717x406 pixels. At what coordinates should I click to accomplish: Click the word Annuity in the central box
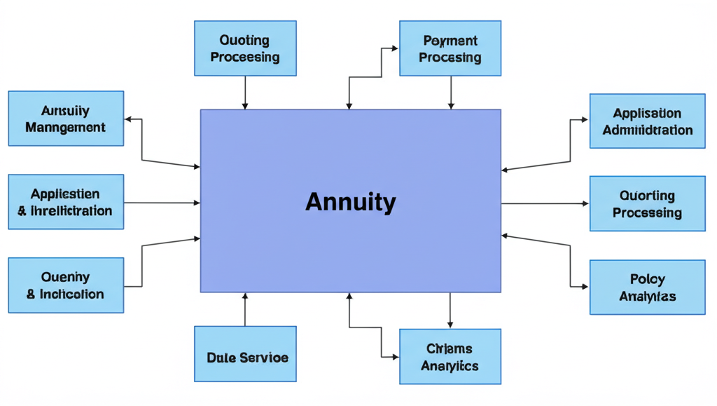(x=350, y=203)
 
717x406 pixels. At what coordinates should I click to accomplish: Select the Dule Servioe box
(x=245, y=353)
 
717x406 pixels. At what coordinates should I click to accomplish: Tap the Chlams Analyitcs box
(x=450, y=356)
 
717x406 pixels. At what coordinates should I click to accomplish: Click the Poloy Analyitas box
(x=647, y=287)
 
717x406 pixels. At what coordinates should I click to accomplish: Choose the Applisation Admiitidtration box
(x=647, y=121)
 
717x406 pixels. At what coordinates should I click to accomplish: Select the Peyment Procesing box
(x=450, y=48)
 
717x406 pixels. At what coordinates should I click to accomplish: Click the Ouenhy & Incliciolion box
(x=66, y=285)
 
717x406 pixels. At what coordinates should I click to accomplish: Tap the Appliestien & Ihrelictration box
(x=66, y=201)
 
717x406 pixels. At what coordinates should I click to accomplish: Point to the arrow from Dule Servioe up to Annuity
(x=245, y=309)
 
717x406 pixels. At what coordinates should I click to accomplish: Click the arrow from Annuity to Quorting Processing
(x=545, y=203)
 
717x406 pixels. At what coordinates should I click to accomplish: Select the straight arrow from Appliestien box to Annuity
(x=162, y=203)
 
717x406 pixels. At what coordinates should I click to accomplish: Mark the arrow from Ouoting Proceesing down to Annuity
(x=245, y=92)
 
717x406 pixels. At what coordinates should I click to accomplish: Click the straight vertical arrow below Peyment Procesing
(x=450, y=92)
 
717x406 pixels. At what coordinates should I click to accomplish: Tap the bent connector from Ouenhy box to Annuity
(x=142, y=263)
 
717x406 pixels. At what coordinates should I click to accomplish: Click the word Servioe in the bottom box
(x=264, y=357)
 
